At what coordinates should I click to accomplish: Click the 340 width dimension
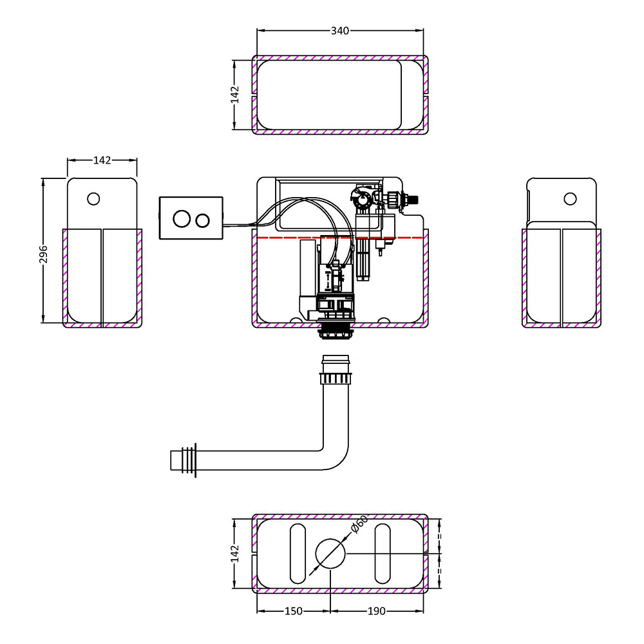[x=340, y=31]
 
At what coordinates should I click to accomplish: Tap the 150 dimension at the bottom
[x=293, y=611]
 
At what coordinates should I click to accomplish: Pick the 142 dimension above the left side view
[x=102, y=160]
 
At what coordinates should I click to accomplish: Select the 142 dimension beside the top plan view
[x=235, y=95]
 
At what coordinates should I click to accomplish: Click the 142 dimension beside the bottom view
[x=235, y=553]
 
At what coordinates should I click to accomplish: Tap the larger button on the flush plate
[x=181, y=220]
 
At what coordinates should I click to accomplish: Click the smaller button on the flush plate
[x=203, y=220]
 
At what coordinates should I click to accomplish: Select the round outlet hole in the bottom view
[x=331, y=553]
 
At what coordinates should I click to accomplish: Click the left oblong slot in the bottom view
[x=298, y=553]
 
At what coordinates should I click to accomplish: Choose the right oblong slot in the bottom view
[x=383, y=553]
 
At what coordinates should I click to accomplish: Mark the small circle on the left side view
[x=93, y=198]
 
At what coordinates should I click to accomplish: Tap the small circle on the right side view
[x=569, y=198]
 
